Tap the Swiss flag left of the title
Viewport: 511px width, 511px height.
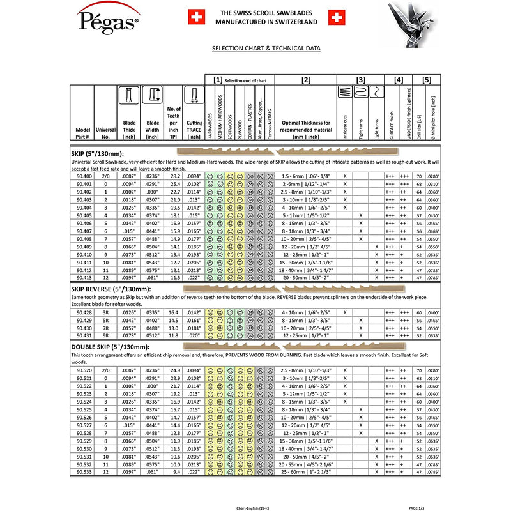(196, 17)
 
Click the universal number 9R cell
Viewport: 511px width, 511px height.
(106, 335)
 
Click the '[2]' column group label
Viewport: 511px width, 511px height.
(305, 80)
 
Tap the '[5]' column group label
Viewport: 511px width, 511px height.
(427, 80)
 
